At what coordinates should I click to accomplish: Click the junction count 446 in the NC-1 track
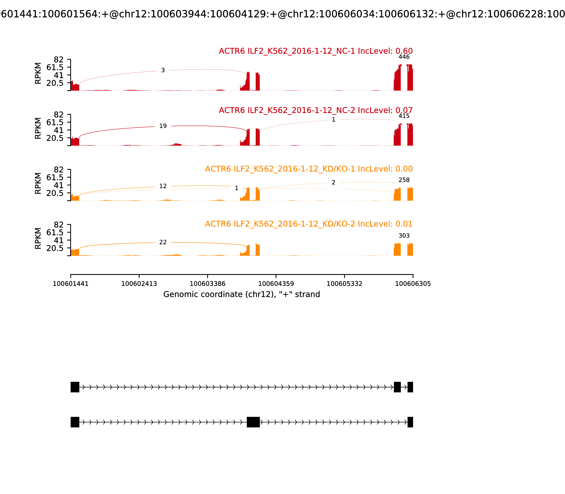[404, 57]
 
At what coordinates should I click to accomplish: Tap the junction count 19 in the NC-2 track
[163, 126]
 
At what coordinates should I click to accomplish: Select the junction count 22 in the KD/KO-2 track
[163, 242]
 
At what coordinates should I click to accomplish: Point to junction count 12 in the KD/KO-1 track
[163, 186]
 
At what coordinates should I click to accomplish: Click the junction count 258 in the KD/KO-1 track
[404, 180]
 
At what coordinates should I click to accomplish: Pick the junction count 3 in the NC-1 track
[163, 70]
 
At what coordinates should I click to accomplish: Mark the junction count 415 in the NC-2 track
[404, 116]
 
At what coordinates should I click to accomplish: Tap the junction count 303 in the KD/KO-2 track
[404, 236]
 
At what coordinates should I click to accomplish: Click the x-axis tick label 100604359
[276, 284]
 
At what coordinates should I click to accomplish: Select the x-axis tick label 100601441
[71, 284]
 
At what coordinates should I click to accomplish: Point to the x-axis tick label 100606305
[413, 284]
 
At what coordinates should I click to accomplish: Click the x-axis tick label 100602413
[139, 284]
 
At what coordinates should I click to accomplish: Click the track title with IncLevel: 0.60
[316, 51]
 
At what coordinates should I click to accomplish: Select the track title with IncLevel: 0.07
[316, 110]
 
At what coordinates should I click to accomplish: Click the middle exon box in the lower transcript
[253, 422]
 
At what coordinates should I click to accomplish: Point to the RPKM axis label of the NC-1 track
[38, 73]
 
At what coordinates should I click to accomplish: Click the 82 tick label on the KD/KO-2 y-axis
[58, 225]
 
